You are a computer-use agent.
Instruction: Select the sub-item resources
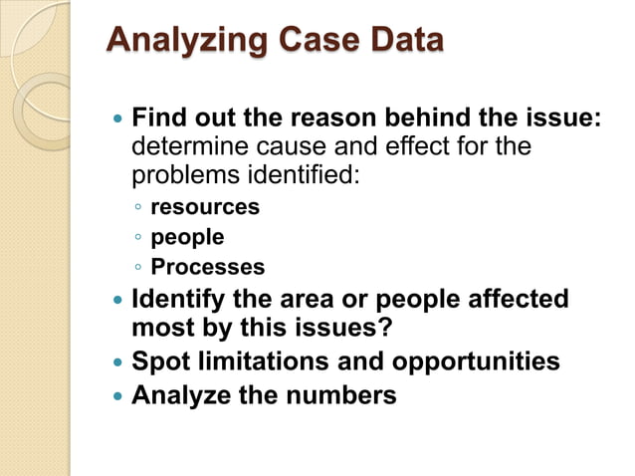point(205,207)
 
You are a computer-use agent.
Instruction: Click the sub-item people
point(187,237)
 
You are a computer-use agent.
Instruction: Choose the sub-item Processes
point(208,267)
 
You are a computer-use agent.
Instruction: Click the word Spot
point(155,360)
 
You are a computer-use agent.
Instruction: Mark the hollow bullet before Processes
point(137,268)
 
